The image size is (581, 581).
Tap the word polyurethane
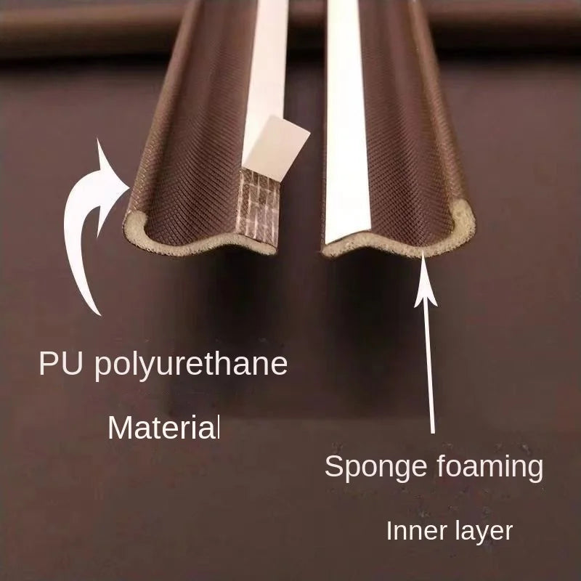[x=191, y=365]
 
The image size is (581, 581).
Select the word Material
[x=164, y=428]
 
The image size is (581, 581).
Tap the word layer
[x=479, y=532]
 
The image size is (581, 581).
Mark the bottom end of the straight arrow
[x=432, y=432]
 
